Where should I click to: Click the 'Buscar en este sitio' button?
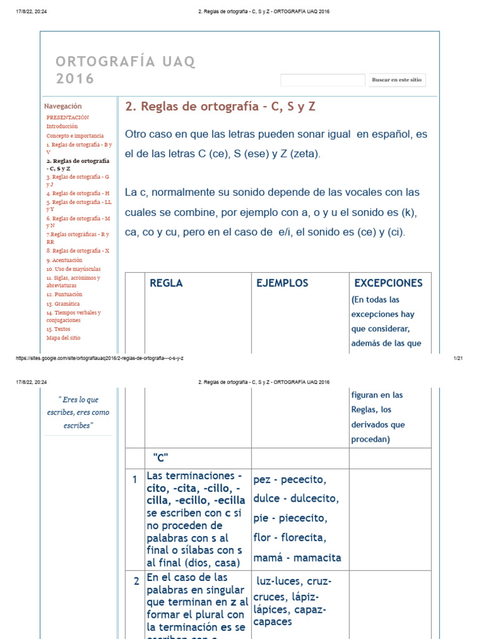pos(397,80)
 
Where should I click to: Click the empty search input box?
pos(322,80)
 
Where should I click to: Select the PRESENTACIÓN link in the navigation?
pos(67,117)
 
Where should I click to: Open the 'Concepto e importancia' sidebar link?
pos(75,135)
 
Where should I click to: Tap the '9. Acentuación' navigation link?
pos(64,260)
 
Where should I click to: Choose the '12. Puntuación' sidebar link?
pos(64,294)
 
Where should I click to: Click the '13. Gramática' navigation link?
pos(63,303)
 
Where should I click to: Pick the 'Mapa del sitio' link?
pos(63,338)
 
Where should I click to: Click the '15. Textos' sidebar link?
pos(58,329)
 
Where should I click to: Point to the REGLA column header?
pos(166,283)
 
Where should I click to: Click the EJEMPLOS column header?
pos(282,283)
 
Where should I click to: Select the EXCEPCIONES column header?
pos(388,283)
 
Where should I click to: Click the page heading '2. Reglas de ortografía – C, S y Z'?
pos(221,107)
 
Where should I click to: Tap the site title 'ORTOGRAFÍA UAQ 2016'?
pos(125,70)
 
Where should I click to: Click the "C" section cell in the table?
pos(161,457)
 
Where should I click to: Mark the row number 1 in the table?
pos(135,479)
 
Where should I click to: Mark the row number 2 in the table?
pos(136,581)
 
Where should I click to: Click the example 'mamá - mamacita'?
pos(298,557)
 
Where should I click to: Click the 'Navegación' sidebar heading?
pos(63,106)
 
